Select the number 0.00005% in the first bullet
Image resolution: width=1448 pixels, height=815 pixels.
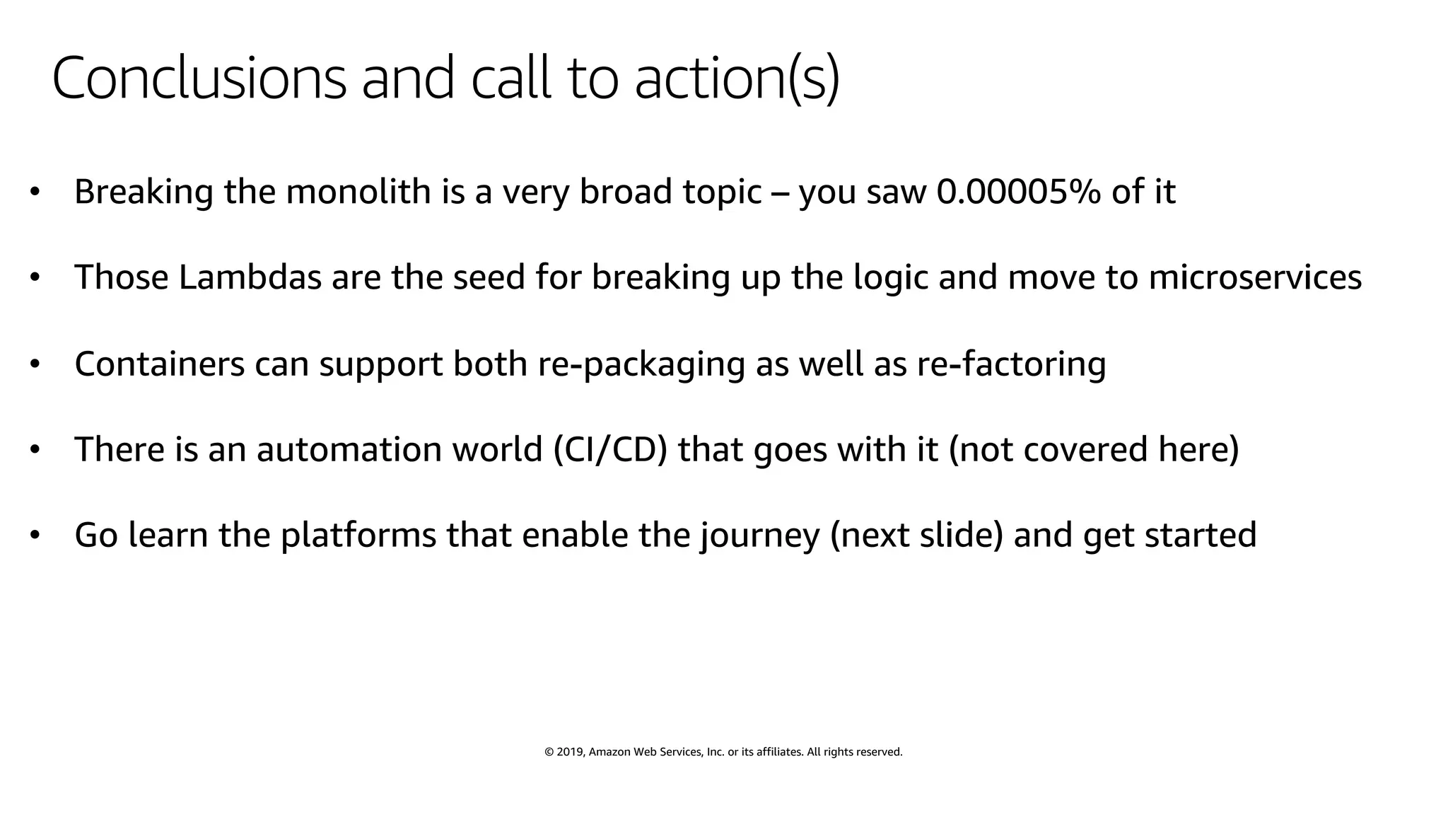(1018, 192)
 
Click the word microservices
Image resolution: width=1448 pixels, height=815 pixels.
(1255, 277)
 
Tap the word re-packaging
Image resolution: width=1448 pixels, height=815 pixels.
(641, 364)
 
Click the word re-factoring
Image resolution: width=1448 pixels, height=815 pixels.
(1011, 364)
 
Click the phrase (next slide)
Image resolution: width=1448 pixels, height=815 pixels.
(917, 535)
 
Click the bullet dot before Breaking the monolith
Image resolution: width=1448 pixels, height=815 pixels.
(35, 192)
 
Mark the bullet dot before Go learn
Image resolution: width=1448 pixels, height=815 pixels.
(35, 536)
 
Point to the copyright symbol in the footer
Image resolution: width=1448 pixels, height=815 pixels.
(549, 752)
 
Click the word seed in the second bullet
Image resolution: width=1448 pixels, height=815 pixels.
(489, 277)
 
